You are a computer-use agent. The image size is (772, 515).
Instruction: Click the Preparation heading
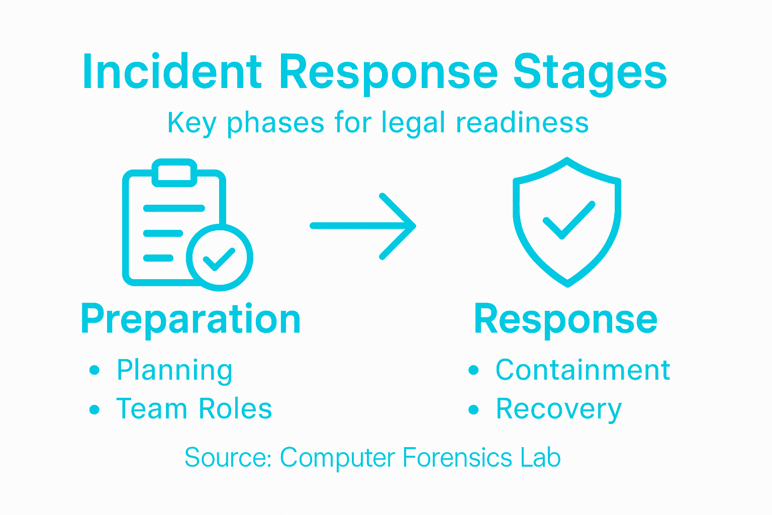190,320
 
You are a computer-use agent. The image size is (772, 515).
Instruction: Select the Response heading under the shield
565,320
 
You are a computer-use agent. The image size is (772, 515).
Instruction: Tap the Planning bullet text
174,371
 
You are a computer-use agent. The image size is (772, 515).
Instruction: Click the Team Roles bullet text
194,408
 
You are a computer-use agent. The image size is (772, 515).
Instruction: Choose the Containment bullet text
583,371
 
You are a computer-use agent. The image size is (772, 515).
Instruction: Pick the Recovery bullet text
559,409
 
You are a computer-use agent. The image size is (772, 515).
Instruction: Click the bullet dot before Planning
94,371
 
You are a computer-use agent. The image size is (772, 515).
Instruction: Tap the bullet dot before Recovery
473,409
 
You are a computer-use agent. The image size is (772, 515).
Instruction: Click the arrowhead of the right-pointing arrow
402,226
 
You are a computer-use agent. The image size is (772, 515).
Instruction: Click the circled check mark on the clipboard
219,257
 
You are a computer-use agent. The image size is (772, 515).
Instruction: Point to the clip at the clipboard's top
174,172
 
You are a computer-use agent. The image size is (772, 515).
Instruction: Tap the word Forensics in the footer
458,458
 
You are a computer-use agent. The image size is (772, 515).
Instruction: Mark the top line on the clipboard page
174,208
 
